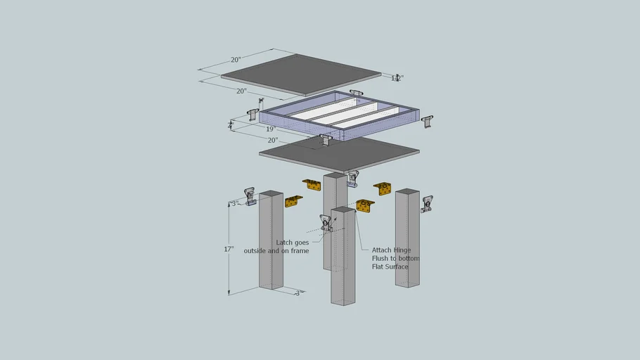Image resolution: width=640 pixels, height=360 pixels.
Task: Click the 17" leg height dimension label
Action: click(x=229, y=249)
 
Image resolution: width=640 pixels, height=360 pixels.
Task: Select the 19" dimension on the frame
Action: click(x=270, y=129)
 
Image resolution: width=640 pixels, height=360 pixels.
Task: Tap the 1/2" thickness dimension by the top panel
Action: click(x=397, y=78)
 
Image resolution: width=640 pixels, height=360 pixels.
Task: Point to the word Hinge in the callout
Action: click(x=401, y=250)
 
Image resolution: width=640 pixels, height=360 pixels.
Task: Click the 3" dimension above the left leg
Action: click(x=236, y=203)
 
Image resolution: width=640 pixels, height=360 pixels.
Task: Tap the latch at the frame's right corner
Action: click(x=427, y=122)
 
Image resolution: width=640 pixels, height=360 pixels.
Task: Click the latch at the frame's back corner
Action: click(x=356, y=94)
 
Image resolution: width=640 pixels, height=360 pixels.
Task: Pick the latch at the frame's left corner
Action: click(x=253, y=114)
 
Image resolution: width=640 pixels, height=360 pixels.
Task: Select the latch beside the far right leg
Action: click(x=427, y=205)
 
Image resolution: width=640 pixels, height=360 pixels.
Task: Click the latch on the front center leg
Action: click(x=326, y=223)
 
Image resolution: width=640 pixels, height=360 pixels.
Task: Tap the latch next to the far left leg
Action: click(x=249, y=195)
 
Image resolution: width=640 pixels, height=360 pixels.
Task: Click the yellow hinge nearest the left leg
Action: click(x=293, y=202)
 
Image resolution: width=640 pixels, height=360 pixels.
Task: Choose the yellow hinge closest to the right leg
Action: click(x=383, y=188)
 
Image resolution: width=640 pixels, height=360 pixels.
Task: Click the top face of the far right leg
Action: click(x=407, y=191)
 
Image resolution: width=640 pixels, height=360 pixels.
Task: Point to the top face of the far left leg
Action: click(x=271, y=193)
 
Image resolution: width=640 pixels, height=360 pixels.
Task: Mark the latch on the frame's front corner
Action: click(x=325, y=140)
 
